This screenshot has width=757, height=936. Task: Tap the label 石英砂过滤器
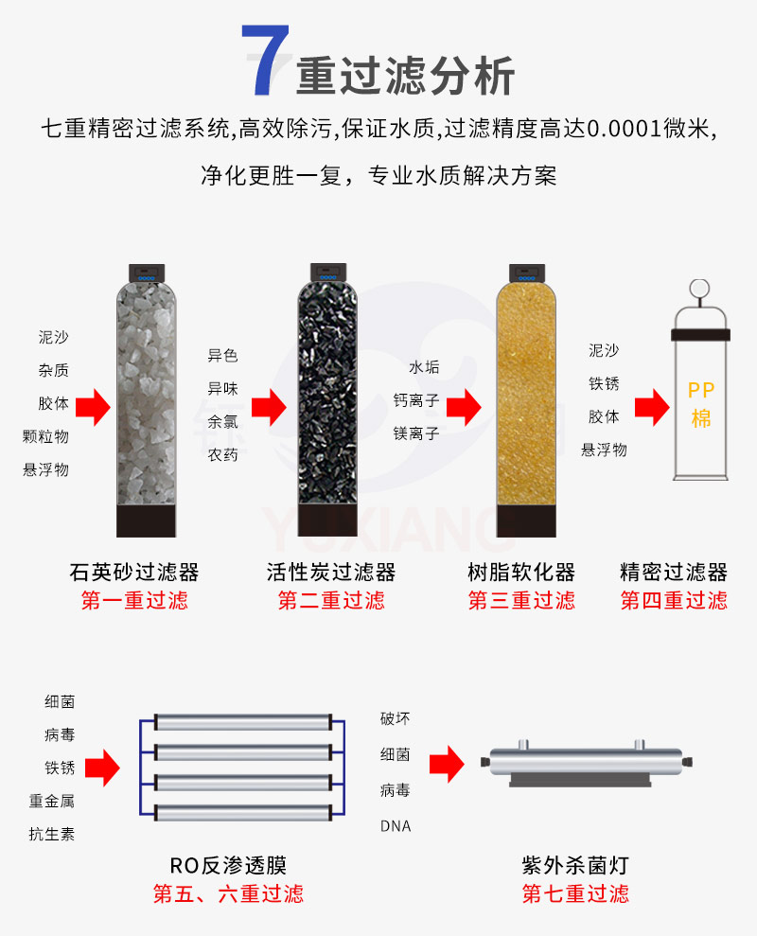pos(134,572)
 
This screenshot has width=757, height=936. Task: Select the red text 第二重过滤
pos(331,601)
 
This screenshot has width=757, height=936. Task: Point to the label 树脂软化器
pos(521,572)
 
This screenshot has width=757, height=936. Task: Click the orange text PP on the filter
pos(701,390)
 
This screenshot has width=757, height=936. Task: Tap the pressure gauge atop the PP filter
pos(700,288)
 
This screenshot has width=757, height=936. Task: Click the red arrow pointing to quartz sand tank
pos(94,408)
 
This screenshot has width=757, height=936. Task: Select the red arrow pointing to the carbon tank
pos(269,408)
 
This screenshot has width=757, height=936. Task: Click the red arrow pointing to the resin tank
pos(465,408)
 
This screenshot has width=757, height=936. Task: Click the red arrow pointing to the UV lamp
pos(446,762)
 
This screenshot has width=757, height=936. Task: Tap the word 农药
pos(222,455)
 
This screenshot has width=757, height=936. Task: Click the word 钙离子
pos(416,400)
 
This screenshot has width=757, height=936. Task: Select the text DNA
pos(396,825)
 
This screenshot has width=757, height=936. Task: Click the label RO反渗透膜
pos(228,865)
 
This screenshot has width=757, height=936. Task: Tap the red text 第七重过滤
pos(575,893)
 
